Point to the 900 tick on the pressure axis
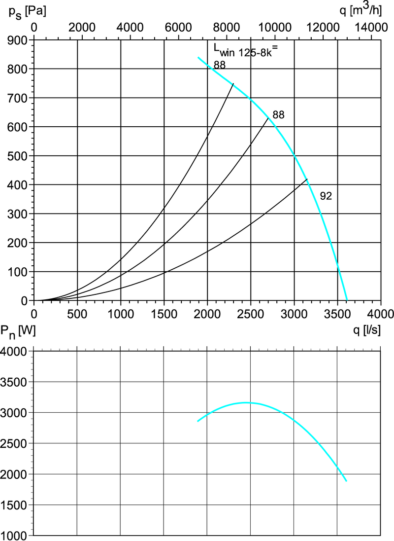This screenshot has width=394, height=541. tap(17, 40)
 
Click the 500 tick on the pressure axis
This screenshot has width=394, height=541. tap(17, 156)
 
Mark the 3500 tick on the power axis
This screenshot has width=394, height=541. tap(16, 382)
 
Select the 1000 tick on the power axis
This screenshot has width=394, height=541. tap(16, 536)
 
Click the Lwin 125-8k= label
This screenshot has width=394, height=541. tap(246, 50)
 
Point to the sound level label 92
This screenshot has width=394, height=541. tap(326, 196)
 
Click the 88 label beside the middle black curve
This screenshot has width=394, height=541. tap(279, 115)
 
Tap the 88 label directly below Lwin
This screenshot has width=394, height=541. tap(220, 65)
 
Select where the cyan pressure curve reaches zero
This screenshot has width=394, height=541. tap(347, 300)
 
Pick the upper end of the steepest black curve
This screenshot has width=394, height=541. tap(233, 84)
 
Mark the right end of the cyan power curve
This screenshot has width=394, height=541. tap(347, 481)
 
